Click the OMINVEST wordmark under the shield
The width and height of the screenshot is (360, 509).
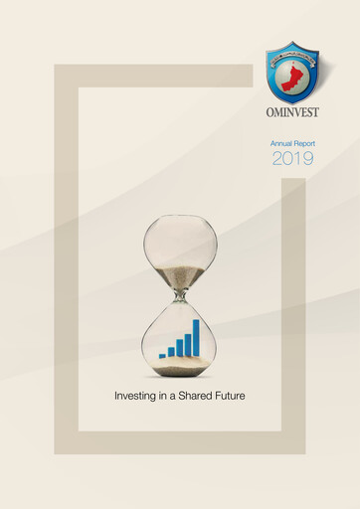[x=291, y=112]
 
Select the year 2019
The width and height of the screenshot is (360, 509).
[x=292, y=159]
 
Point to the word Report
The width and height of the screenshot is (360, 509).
[x=303, y=144]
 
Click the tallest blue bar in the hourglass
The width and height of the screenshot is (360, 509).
[x=196, y=338]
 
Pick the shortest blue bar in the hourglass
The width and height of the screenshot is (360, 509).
[x=162, y=355]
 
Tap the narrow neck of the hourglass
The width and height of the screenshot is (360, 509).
[x=180, y=294]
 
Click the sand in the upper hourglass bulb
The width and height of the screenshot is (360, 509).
[x=180, y=275]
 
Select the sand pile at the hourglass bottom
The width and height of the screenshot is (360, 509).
[x=180, y=364]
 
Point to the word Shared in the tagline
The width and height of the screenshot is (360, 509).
[x=198, y=396]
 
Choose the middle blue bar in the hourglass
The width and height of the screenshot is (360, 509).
[x=179, y=347]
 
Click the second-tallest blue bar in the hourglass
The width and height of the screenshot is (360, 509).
[x=187, y=344]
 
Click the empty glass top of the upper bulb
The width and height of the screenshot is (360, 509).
[x=180, y=234]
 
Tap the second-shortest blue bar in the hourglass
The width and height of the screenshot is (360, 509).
[x=171, y=351]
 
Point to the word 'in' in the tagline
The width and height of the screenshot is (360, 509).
[x=165, y=396]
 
